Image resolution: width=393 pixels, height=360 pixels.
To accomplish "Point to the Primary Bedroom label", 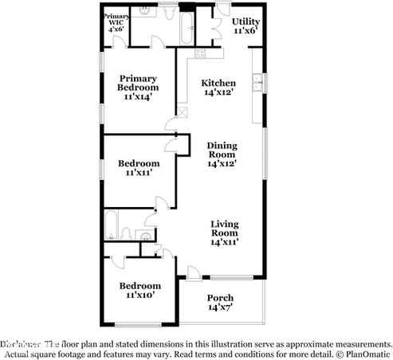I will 138,84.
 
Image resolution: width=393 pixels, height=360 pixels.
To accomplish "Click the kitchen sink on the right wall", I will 257,81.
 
